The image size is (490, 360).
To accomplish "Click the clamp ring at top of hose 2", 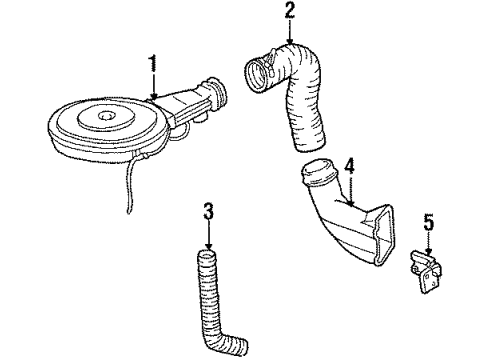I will coord(256,73).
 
